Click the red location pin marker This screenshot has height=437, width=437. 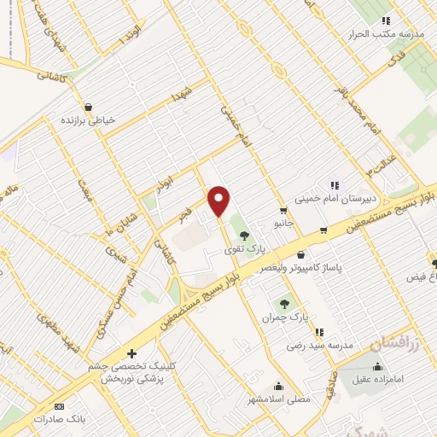tap(219, 201)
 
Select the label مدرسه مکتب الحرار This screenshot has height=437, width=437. tap(389, 36)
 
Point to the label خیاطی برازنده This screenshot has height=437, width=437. tap(86, 120)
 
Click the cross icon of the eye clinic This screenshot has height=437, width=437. tap(131, 353)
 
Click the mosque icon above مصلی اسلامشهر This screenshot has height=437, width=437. tap(278, 386)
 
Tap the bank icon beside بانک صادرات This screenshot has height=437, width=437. tap(60, 406)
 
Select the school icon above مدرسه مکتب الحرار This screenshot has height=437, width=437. tap(386, 20)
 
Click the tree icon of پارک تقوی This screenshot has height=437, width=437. tap(244, 235)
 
